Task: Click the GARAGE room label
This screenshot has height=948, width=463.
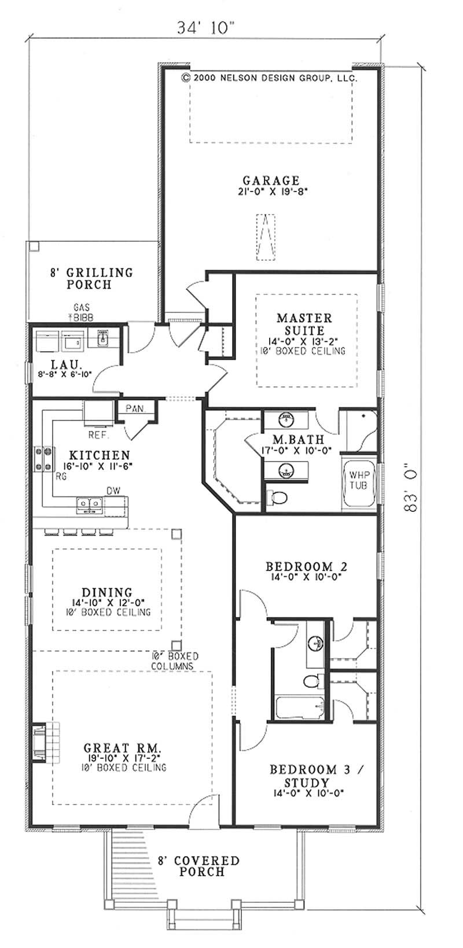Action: coord(271,180)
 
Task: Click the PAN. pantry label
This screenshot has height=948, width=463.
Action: coord(135,408)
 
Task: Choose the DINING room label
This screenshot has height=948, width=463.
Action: coord(107,592)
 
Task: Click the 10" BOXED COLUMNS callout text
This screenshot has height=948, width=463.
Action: coord(174,661)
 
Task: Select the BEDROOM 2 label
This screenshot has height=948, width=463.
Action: coord(306,566)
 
